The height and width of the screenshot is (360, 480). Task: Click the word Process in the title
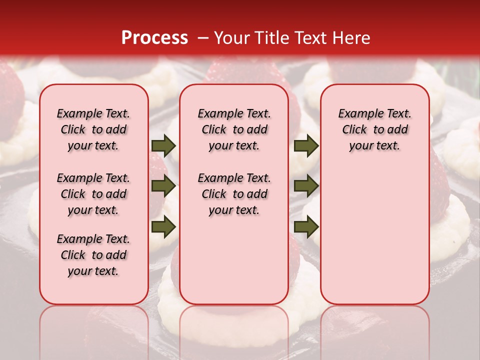pos(154,38)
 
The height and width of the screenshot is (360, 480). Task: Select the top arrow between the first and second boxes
pos(163,146)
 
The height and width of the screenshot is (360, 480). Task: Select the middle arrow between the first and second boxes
pos(163,186)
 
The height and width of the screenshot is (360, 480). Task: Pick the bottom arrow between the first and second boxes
pos(163,226)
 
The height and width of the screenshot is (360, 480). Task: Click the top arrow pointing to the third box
pos(306,146)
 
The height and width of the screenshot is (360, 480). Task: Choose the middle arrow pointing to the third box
pos(306,186)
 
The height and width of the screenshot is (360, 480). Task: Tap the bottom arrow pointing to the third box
pos(306,226)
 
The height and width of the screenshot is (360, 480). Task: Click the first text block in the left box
pos(93,129)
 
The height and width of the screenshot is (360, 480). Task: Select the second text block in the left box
pos(93,194)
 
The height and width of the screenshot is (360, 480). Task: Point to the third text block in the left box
pos(93,255)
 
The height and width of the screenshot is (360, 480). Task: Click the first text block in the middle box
pos(234,129)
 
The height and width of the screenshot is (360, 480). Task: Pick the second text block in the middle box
pos(234,194)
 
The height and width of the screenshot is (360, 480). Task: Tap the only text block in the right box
pos(375,129)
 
